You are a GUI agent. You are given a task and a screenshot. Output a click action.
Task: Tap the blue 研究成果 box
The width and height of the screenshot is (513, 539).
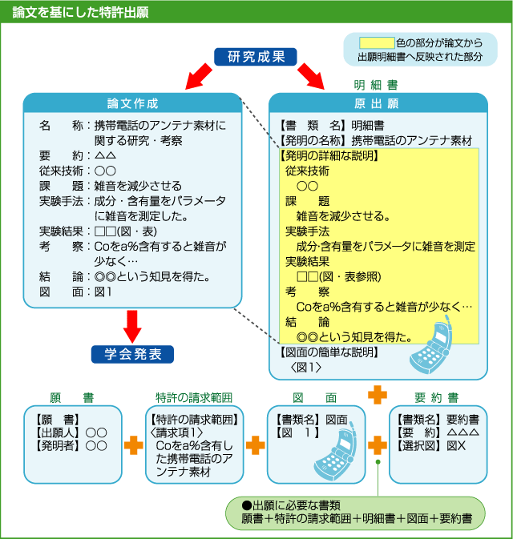256,57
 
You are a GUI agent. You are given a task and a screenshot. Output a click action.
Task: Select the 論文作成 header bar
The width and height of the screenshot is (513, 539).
133,103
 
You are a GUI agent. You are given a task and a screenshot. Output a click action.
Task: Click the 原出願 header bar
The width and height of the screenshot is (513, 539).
378,104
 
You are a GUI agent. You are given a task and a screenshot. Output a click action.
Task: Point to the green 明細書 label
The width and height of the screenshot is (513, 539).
377,84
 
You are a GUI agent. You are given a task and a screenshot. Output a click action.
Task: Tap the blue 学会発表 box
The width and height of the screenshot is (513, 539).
133,353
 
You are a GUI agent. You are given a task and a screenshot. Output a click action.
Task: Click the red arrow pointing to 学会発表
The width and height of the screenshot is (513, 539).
133,324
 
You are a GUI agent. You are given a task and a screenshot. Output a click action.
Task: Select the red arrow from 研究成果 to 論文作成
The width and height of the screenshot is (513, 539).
199,77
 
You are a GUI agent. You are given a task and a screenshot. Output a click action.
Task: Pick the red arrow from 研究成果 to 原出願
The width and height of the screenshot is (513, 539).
313,77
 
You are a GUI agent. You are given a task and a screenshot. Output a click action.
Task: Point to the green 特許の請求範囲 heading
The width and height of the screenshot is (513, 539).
194,397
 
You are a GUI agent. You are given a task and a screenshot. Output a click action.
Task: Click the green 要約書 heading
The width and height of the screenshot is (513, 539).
438,397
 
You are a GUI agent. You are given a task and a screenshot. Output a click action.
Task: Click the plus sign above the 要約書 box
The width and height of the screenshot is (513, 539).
378,394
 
